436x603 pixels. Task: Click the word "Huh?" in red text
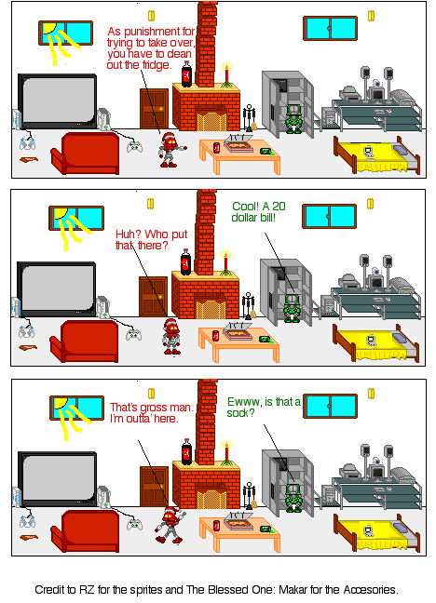pyautogui.click(x=128, y=234)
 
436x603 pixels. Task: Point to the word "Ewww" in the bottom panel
pyautogui.click(x=245, y=401)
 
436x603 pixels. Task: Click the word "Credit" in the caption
pyautogui.click(x=53, y=589)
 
